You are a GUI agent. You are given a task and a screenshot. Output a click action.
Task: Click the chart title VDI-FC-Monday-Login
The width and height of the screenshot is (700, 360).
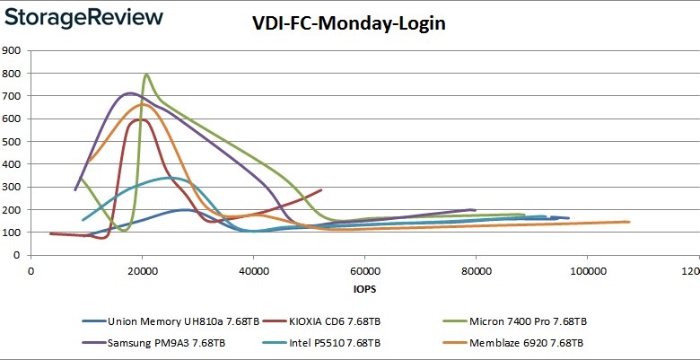pyautogui.click(x=349, y=24)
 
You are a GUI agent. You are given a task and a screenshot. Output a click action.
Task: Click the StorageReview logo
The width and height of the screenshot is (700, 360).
pyautogui.click(x=82, y=18)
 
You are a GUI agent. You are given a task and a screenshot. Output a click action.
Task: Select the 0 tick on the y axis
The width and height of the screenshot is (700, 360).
pyautogui.click(x=19, y=256)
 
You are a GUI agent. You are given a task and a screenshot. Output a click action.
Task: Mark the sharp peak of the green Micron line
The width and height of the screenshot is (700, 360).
pyautogui.click(x=145, y=75)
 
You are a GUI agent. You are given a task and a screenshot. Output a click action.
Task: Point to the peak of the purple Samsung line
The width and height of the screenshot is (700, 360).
pyautogui.click(x=130, y=92)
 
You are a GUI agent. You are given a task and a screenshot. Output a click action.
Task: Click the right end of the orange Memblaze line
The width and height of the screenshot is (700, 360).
pyautogui.click(x=628, y=222)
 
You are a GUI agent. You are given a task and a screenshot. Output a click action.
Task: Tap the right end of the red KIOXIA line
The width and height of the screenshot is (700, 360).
pyautogui.click(x=321, y=189)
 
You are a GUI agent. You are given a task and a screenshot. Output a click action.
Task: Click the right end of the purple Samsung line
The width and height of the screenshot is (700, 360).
pyautogui.click(x=474, y=210)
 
